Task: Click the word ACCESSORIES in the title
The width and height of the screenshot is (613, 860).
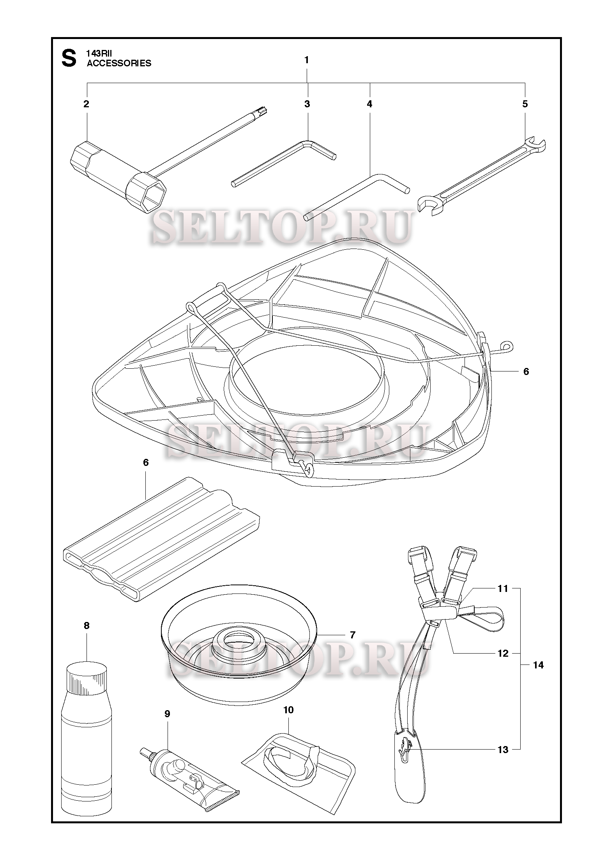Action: pyautogui.click(x=119, y=63)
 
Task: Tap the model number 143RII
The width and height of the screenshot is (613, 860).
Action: pyautogui.click(x=99, y=55)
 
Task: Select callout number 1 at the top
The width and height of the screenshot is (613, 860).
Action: pyautogui.click(x=307, y=60)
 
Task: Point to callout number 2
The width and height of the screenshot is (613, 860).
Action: pyautogui.click(x=86, y=104)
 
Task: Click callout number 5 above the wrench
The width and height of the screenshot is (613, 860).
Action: pyautogui.click(x=525, y=104)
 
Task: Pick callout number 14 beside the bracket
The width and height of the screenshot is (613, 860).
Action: pyautogui.click(x=538, y=665)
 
